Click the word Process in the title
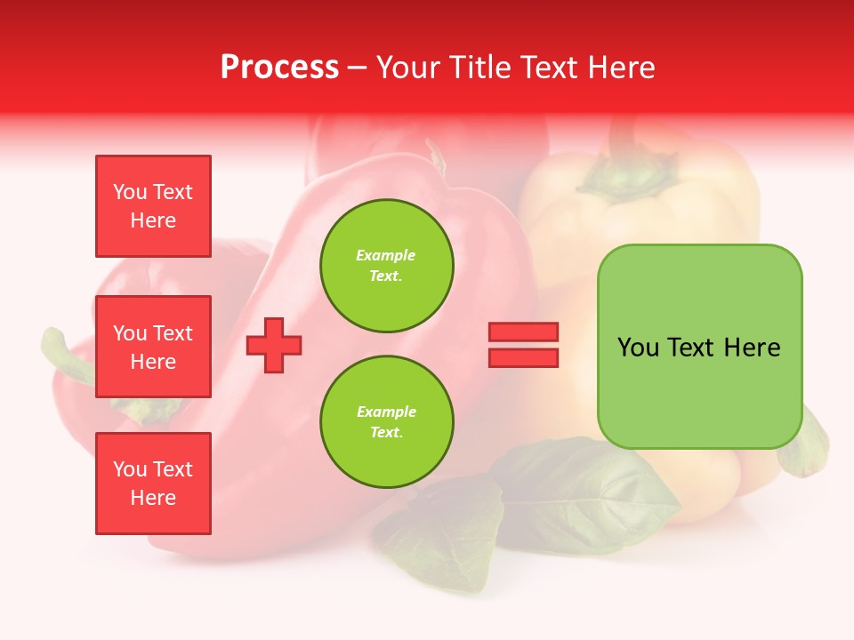279,68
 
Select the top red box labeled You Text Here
153,206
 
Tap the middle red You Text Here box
153,347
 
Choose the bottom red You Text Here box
153,484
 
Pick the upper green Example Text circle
387,266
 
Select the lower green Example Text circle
387,422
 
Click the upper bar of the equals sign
523,332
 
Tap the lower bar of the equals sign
523,357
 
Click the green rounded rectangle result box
699,347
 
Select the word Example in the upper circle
386,255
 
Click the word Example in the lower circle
386,412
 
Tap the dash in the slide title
358,68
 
